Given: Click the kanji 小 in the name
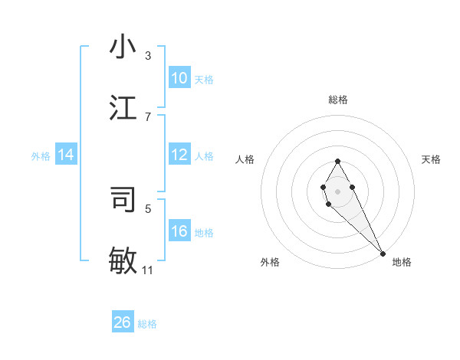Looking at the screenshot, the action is tap(123, 47).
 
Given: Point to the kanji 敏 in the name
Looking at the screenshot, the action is tap(123, 260).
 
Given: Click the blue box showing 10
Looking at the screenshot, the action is tap(179, 78).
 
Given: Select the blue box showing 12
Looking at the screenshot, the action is tap(179, 155).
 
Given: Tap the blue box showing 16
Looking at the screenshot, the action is tap(179, 231).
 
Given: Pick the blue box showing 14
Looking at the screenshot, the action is tap(66, 155).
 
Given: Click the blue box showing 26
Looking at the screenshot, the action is tap(123, 322).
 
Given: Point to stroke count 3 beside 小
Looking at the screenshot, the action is tap(147, 56).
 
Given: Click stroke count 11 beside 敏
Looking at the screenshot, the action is tap(147, 270).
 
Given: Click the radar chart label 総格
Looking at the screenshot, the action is tap(338, 100).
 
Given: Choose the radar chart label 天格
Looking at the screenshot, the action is tap(432, 159).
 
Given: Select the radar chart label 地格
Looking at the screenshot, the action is tap(402, 262).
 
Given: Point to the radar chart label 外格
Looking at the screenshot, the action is tap(270, 262).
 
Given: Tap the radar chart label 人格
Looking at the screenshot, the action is tap(245, 159).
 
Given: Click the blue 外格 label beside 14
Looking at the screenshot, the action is tap(41, 155).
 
